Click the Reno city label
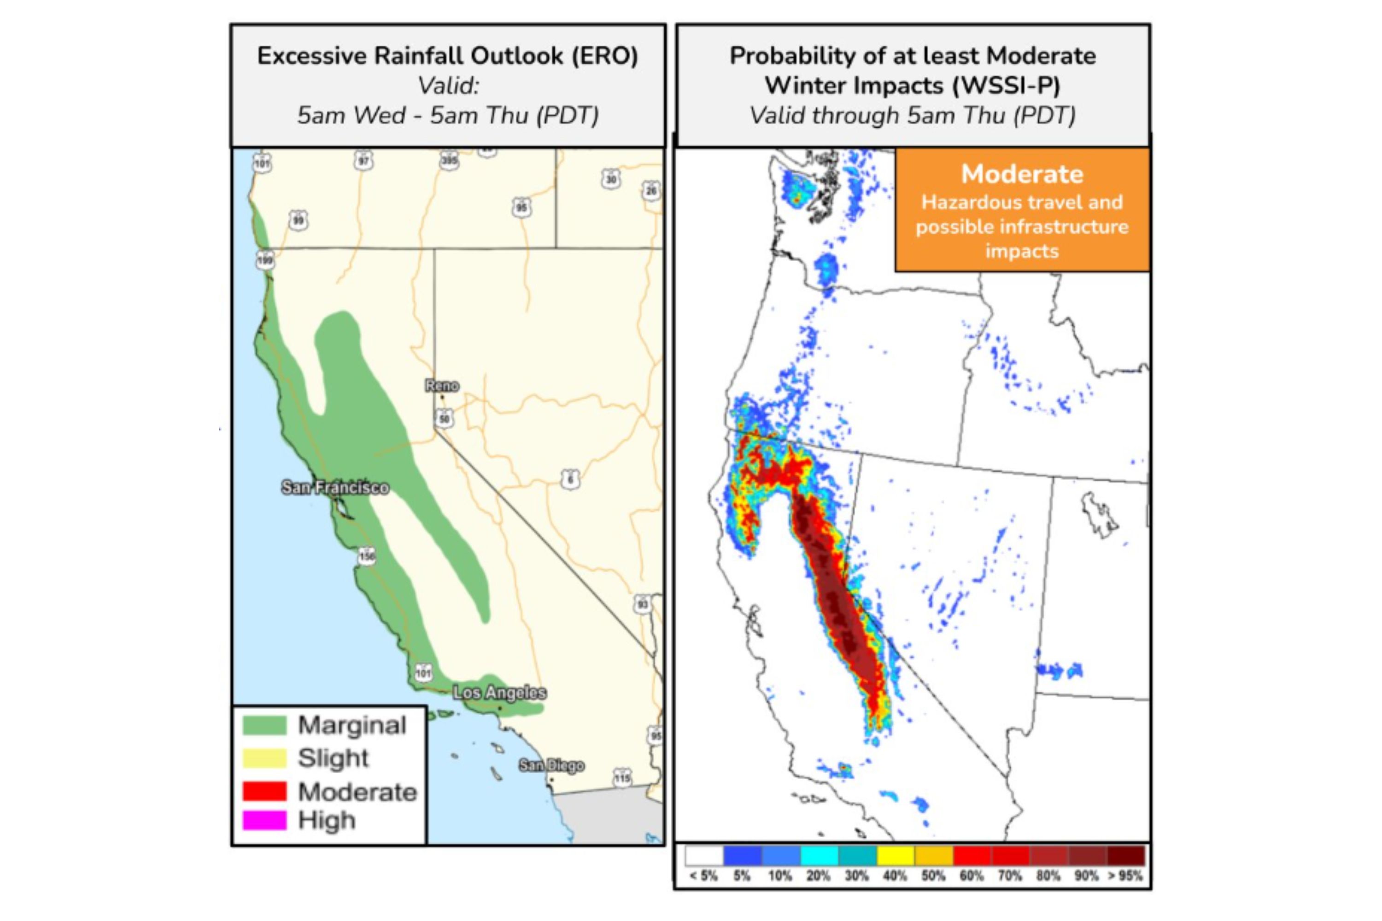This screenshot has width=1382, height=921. coord(442,386)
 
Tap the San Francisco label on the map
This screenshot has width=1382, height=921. coord(335,488)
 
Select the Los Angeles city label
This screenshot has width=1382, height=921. coord(499,693)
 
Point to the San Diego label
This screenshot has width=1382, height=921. coord(551,765)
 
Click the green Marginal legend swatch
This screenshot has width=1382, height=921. coord(264,725)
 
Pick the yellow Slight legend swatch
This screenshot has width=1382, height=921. coord(264,758)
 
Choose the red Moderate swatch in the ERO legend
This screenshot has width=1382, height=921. coord(264,791)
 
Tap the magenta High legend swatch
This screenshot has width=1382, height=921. coord(264,820)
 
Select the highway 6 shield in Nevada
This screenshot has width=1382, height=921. coord(569,479)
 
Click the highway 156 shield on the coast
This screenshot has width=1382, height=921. coord(367,556)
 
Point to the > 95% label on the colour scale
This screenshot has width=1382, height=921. coord(1125,876)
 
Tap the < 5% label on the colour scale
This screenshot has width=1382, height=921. coord(703,876)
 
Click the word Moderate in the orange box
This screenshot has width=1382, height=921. coord(1022,174)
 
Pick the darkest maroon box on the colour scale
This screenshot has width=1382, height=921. coord(1126,855)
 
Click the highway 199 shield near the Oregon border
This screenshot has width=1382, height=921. coord(265,260)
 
